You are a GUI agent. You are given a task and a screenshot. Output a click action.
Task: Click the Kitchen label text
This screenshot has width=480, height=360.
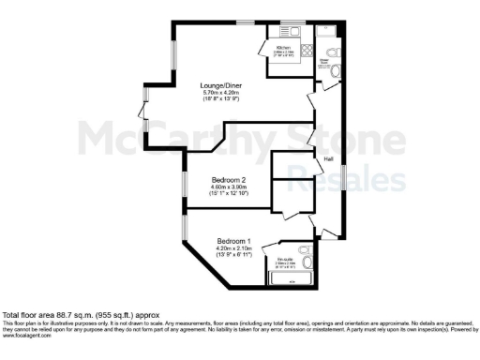284,46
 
